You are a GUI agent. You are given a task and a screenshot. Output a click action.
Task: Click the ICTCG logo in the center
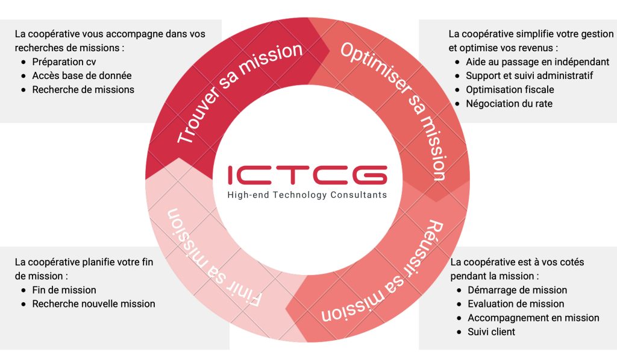[x=308, y=174]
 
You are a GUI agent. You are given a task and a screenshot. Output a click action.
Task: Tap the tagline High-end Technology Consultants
[x=307, y=195]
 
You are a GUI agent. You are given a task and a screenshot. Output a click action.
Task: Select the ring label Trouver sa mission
[x=239, y=93]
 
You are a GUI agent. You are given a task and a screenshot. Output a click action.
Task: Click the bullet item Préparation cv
[x=64, y=62]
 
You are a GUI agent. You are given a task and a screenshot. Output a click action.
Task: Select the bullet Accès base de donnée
[x=81, y=75]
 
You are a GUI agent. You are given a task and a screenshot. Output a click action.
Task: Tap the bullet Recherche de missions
[x=83, y=89]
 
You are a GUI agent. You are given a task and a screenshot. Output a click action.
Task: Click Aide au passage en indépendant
[x=537, y=62]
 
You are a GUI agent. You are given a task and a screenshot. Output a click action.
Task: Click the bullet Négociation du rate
[x=509, y=103]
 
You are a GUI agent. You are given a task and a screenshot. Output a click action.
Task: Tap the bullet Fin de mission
[x=64, y=290]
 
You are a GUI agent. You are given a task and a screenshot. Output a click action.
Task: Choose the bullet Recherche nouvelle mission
[x=93, y=304]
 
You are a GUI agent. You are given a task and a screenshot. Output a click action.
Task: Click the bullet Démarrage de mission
[x=517, y=290]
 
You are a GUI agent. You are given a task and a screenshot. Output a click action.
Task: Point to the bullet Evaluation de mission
[x=516, y=304]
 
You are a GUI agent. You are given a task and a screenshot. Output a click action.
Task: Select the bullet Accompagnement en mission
[x=533, y=318]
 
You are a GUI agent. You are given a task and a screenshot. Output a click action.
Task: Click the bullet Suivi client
[x=491, y=332]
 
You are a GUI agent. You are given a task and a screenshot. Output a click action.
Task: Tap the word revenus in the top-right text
[x=535, y=48]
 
